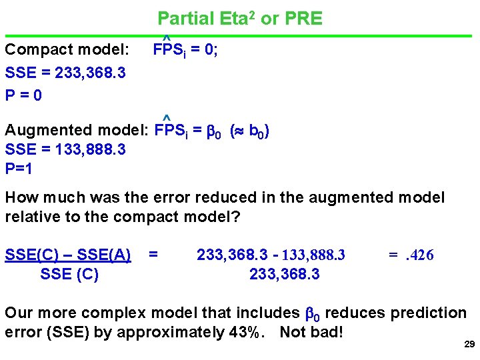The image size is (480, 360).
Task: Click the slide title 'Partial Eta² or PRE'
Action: [239, 18]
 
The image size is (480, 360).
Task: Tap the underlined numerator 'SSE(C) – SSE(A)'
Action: [68, 255]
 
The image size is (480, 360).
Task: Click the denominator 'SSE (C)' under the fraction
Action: [69, 274]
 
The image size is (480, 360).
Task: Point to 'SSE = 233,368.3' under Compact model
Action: [65, 72]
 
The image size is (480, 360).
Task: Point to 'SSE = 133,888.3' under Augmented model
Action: [65, 150]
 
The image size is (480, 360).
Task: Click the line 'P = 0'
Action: [23, 95]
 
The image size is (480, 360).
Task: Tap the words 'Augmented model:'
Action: [77, 130]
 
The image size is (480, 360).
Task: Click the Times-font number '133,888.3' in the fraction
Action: [313, 255]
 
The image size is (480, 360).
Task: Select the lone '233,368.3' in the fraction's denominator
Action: [284, 274]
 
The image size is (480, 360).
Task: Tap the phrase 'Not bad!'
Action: [311, 331]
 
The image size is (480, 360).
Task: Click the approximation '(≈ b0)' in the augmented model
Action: [250, 131]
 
